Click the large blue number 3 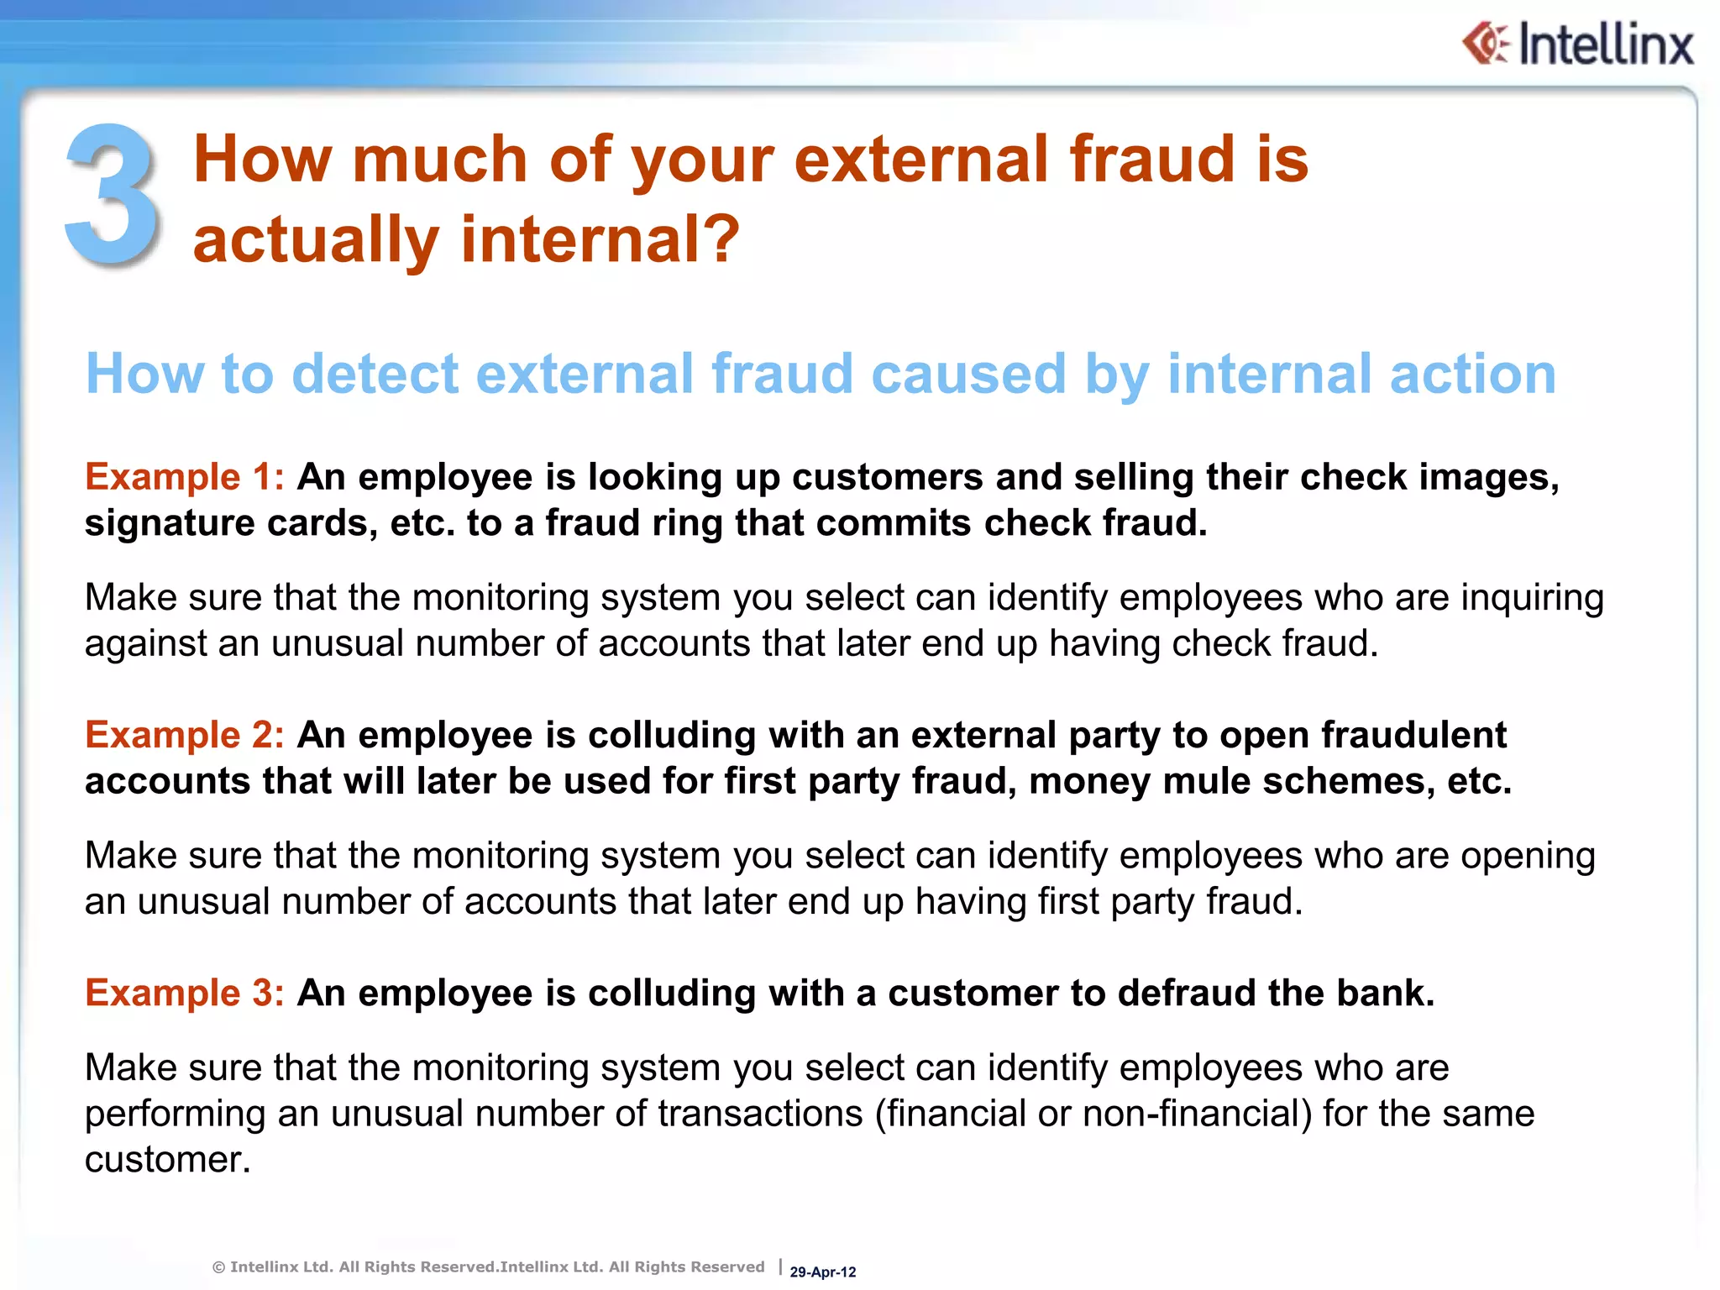[x=113, y=195]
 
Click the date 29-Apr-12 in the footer [x=822, y=1272]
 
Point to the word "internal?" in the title [x=600, y=239]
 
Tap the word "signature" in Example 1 [x=169, y=523]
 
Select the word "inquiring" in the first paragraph [x=1532, y=598]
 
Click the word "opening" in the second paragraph [x=1527, y=856]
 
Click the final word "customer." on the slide [x=168, y=1160]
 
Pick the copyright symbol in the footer [x=218, y=1267]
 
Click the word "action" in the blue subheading [x=1472, y=374]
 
